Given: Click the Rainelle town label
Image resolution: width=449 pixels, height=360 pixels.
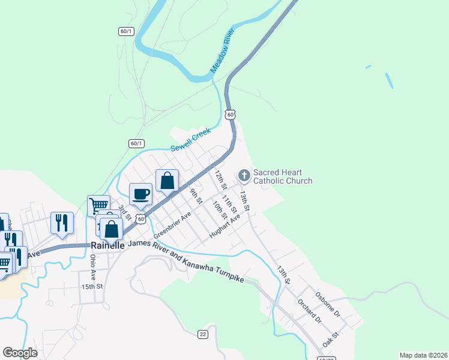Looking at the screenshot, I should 107,245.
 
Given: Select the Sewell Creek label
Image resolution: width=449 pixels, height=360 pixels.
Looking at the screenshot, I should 191,139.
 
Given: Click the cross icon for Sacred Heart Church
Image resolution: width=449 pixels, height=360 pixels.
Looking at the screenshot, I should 244,175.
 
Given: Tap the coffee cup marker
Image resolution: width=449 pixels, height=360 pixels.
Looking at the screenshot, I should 141,194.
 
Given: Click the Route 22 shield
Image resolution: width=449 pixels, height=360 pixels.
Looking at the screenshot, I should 203,334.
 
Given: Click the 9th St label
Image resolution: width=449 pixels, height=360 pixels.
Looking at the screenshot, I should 195,196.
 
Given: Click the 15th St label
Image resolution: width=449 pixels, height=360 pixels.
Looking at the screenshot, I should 93,287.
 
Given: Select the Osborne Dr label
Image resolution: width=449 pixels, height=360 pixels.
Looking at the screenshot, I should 328,305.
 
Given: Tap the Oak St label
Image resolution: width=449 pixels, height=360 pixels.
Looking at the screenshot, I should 331,340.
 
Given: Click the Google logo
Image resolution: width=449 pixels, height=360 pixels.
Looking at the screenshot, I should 20,353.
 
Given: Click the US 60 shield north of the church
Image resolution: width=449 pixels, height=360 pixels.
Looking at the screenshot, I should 231,114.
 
